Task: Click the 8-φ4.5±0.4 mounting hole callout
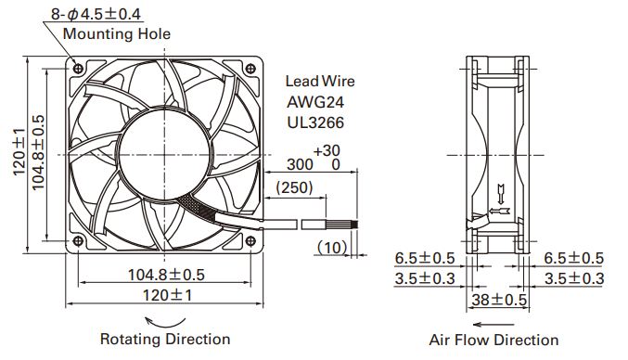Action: click(x=96, y=15)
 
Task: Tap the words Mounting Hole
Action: click(x=117, y=33)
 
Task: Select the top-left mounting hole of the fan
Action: click(x=79, y=68)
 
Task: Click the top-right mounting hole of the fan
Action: click(x=250, y=68)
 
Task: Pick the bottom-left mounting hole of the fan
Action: click(x=79, y=240)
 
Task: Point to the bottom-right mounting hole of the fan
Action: click(x=250, y=240)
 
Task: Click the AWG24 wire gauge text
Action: click(x=315, y=102)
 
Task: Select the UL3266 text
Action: click(x=315, y=122)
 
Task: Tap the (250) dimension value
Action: click(x=294, y=187)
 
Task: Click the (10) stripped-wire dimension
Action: click(x=332, y=248)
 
